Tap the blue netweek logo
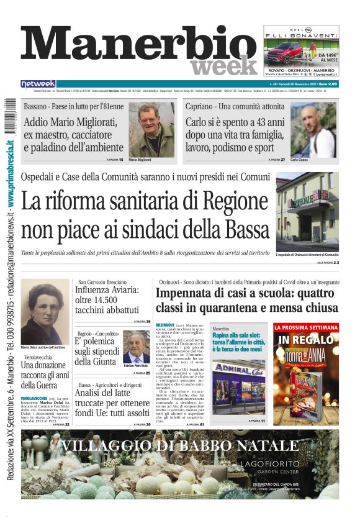[x=38, y=84]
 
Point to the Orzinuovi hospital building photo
[x=307, y=211]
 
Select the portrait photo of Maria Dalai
[x=45, y=311]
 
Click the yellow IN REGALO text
[x=306, y=340]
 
